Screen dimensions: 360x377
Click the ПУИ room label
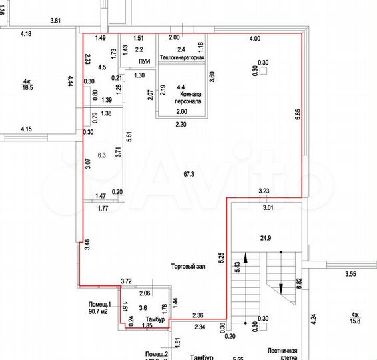143,61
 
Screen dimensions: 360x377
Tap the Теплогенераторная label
181,59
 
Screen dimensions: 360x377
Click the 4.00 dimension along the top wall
254,39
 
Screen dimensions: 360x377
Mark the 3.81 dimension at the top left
56,21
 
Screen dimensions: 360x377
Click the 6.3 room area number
102,156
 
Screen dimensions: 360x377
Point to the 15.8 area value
356,321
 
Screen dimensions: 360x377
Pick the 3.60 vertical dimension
212,76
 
